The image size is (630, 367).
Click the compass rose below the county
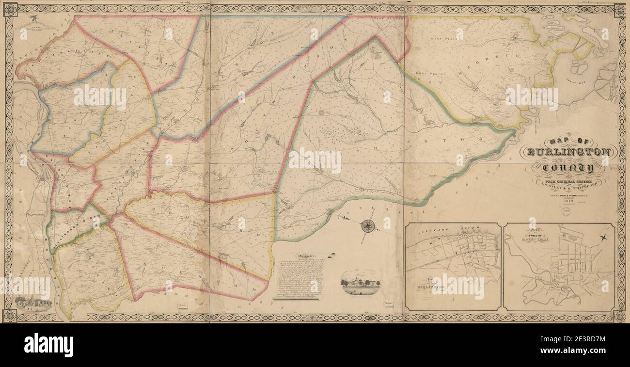pyautogui.click(x=368, y=225)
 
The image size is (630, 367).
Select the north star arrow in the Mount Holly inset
pyautogui.click(x=604, y=237)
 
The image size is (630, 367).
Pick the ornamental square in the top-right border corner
pyautogui.click(x=619, y=10)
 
